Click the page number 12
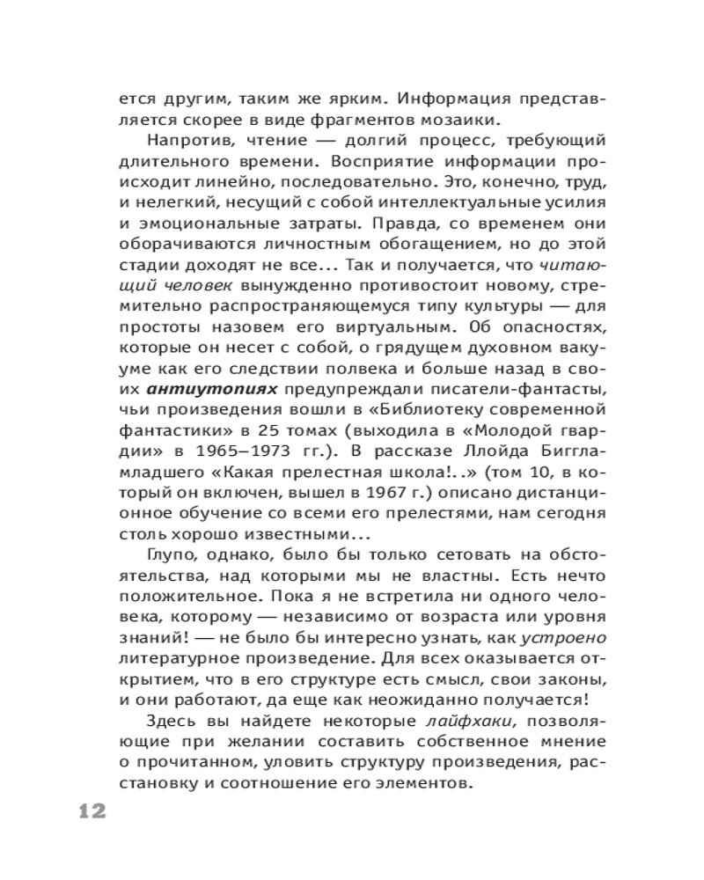86,810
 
